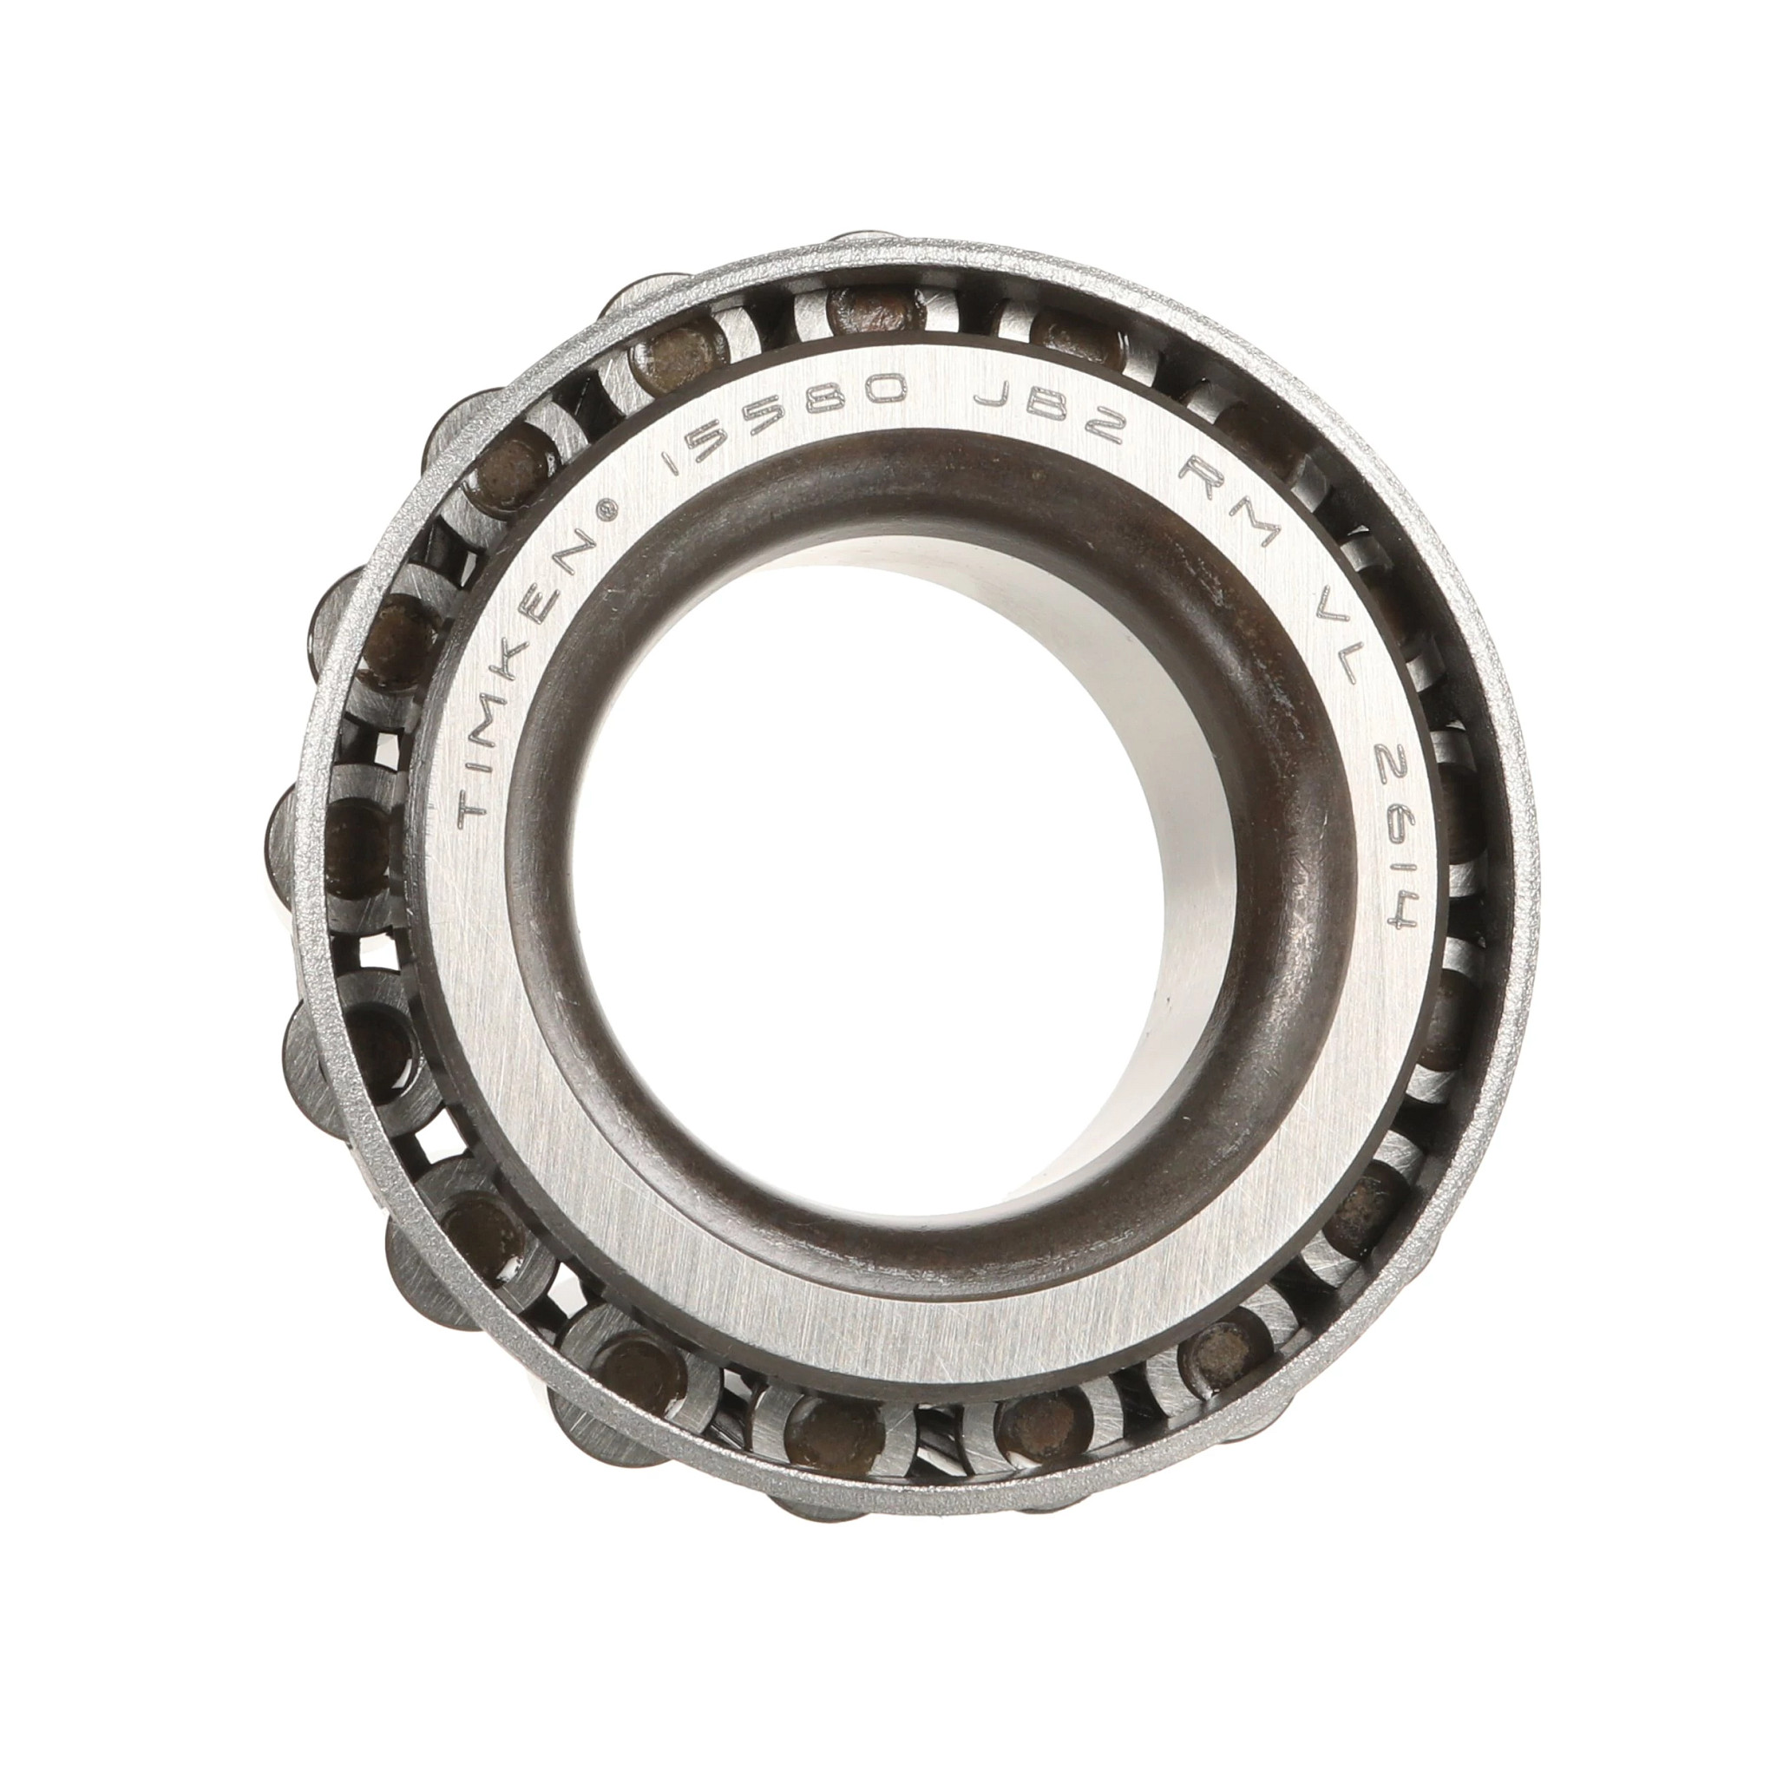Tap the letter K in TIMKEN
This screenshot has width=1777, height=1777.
tap(534, 625)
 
